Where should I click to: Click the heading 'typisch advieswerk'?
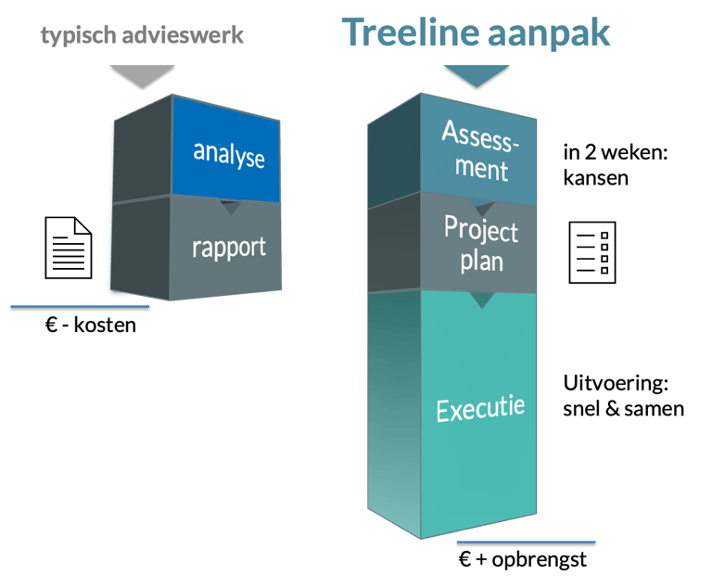142,36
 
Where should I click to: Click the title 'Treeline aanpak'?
476,32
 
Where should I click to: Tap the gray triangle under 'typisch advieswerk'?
142,76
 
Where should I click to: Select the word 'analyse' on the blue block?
229,155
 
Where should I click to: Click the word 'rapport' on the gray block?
229,249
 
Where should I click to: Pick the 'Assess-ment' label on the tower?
481,151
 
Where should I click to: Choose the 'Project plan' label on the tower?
481,244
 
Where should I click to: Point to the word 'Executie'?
480,408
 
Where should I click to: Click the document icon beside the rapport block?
69,248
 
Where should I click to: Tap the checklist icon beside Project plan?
592,252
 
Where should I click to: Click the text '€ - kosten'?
90,325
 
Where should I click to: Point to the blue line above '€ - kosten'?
80,307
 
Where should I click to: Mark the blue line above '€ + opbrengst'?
526,543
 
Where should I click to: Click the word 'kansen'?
596,178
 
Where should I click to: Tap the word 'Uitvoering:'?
616,384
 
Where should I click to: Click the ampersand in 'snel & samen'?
612,408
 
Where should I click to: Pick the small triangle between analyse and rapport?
231,207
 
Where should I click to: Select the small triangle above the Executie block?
482,300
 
